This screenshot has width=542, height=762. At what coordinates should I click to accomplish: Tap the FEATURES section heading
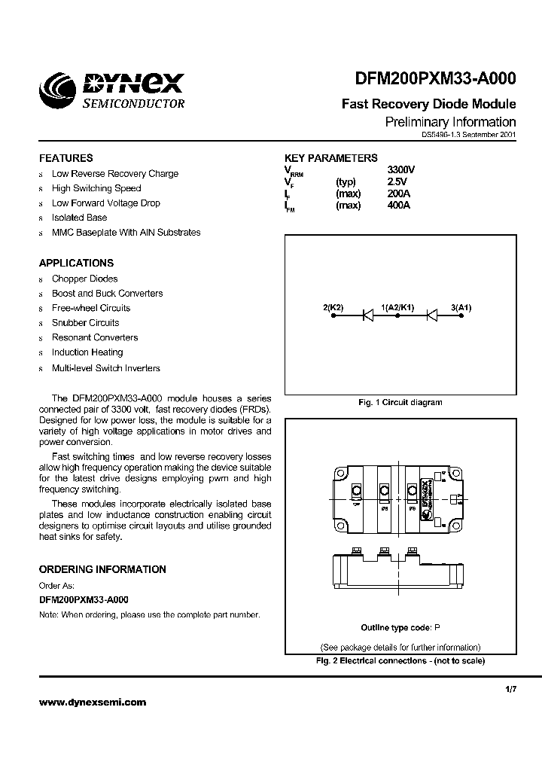pos(66,158)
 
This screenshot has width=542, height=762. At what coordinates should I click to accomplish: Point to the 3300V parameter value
pos(400,170)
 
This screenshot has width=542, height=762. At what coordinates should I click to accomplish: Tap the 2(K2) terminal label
pos(333,307)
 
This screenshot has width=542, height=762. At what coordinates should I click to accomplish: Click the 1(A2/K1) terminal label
pos(397,307)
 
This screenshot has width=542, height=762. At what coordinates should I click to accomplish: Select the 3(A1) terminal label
pos(461,307)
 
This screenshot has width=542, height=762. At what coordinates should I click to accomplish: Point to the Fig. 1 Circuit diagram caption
pos(400,402)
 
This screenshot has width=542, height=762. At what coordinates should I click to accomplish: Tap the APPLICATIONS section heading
pos(76,264)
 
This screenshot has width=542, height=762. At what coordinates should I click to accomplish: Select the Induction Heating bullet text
pos(87,352)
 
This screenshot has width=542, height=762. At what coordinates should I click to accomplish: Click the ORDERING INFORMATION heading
pos(102,570)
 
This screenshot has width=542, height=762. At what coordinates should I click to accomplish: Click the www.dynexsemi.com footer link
pos(93,702)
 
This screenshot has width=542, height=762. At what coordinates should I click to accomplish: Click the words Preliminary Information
pos(450,122)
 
